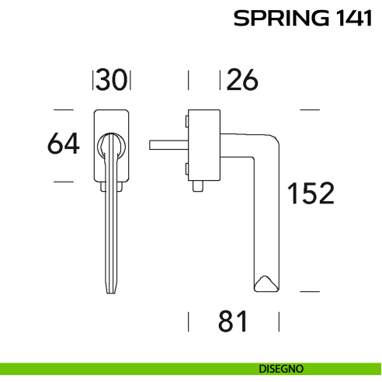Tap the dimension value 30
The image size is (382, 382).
[x=113, y=79]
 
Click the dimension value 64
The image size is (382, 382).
[x=63, y=144]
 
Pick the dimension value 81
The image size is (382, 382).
[x=233, y=320]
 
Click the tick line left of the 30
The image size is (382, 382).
[x=95, y=79]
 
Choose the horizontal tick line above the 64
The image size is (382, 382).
[x=63, y=109]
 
